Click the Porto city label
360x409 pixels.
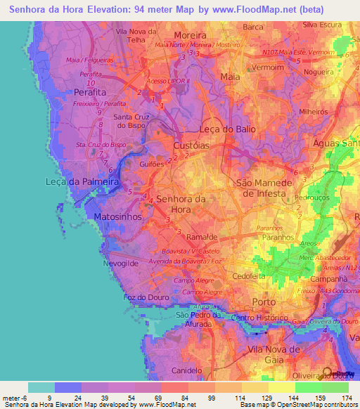coord(264,301)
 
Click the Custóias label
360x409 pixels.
coord(191,144)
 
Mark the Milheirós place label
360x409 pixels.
coord(315,112)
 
